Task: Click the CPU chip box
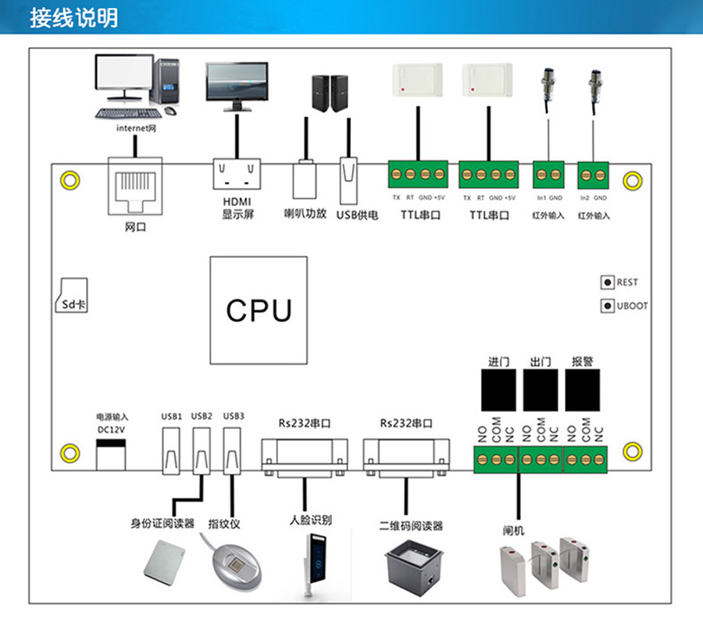pyautogui.click(x=259, y=310)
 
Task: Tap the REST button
pyautogui.click(x=606, y=282)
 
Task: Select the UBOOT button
pyautogui.click(x=606, y=306)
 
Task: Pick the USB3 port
pyautogui.click(x=232, y=450)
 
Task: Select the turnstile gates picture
pyautogui.click(x=551, y=566)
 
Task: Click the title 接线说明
pyautogui.click(x=74, y=17)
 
